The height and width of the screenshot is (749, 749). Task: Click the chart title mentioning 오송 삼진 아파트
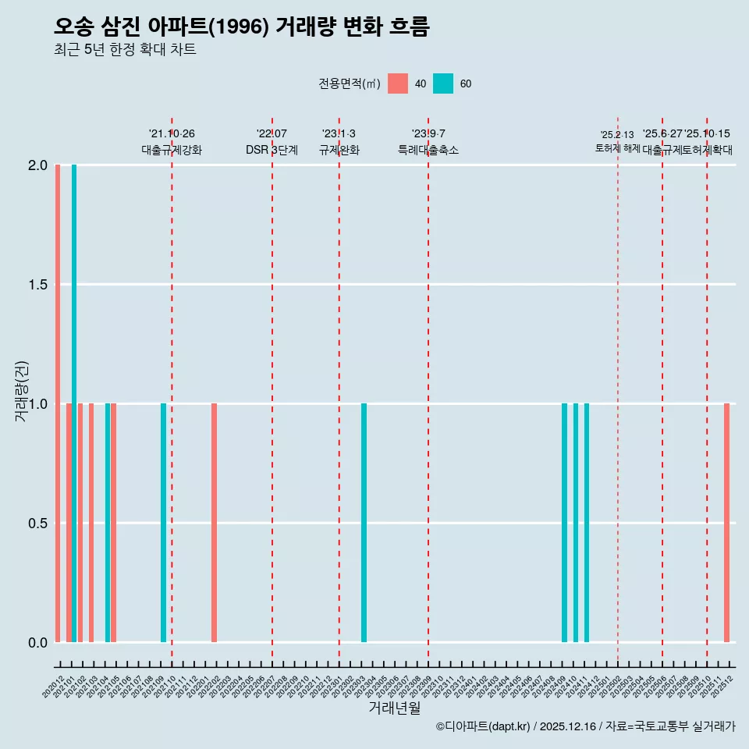tap(241, 27)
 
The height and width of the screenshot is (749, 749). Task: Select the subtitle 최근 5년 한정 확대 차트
tap(124, 50)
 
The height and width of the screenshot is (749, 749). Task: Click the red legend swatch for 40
tap(398, 83)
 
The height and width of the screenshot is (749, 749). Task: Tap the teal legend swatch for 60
tap(443, 83)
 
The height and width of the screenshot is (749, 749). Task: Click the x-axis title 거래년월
tap(394, 708)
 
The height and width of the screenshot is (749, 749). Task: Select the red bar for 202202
tap(214, 523)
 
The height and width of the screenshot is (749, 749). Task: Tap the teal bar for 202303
tap(364, 523)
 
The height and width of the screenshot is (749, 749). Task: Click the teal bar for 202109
tap(163, 523)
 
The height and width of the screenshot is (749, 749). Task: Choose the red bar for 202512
tap(726, 523)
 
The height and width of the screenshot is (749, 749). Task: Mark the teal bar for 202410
tap(576, 523)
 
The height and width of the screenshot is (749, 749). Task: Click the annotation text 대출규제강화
tap(172, 151)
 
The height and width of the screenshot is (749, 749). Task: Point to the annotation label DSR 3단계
tap(272, 151)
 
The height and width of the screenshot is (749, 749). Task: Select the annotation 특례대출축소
tap(428, 151)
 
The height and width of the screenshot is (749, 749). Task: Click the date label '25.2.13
tap(617, 135)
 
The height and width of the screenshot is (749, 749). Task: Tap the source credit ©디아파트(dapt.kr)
tap(483, 727)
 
